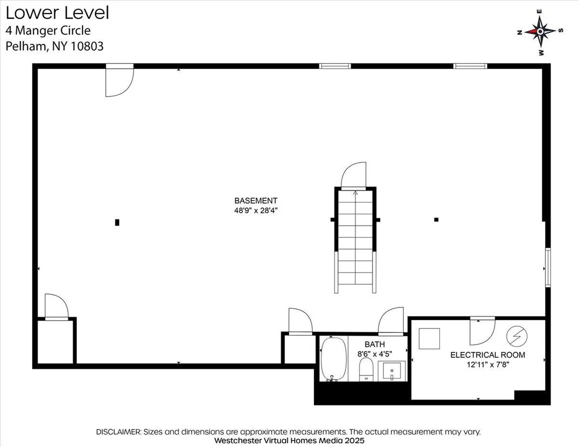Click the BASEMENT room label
(x=256, y=201)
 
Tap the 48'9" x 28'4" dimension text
(x=256, y=211)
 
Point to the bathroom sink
(x=392, y=371)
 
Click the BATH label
(x=375, y=344)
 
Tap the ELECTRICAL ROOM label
(x=488, y=355)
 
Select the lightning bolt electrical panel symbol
(x=517, y=336)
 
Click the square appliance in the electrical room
(x=429, y=338)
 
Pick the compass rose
(x=540, y=32)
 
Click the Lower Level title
(x=57, y=13)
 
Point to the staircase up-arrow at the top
(x=355, y=192)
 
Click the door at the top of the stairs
(x=354, y=175)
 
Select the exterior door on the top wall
(x=120, y=80)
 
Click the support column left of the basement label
(x=117, y=222)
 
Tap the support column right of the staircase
(x=436, y=220)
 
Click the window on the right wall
(x=548, y=267)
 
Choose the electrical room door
(x=482, y=331)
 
